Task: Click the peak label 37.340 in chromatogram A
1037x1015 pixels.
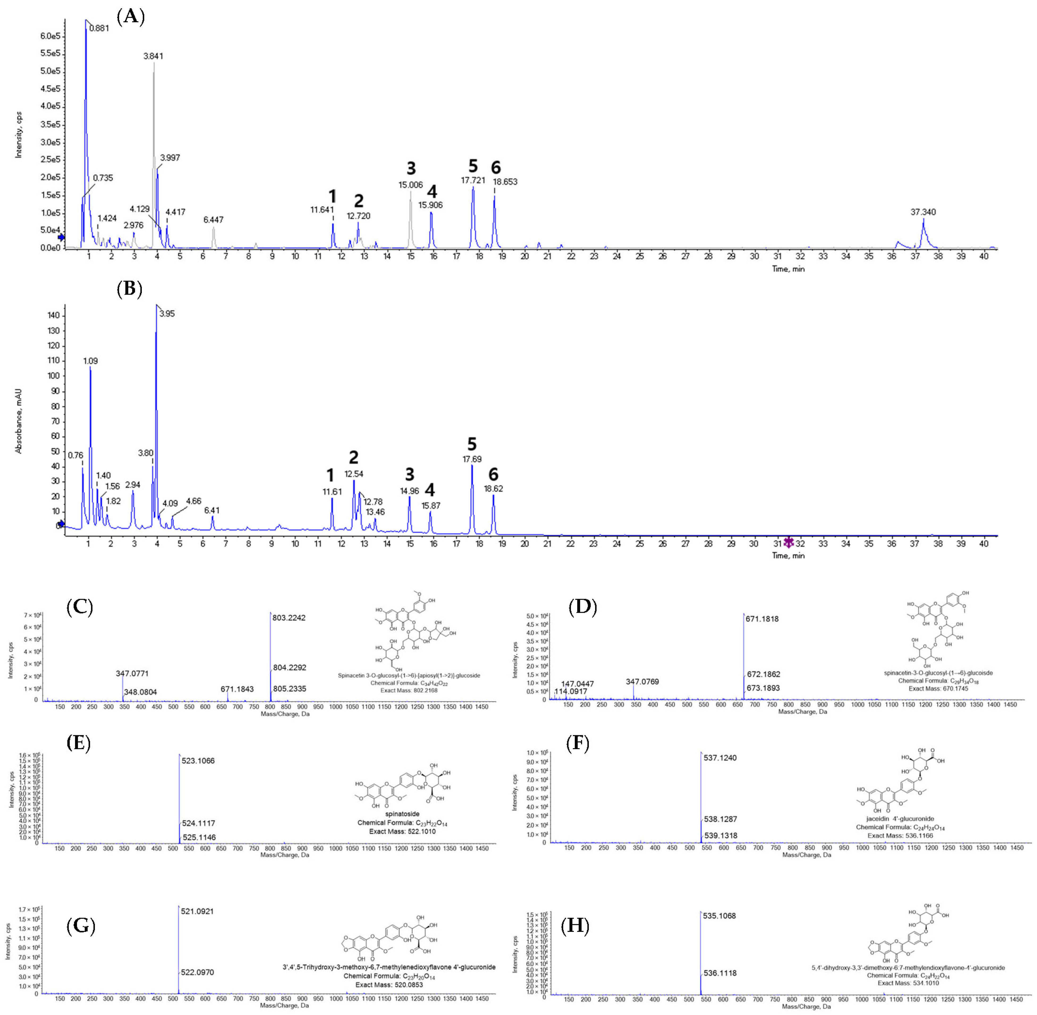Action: coord(923,212)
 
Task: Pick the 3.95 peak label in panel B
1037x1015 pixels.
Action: coord(167,314)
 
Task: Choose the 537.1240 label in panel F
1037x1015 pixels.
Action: coord(720,758)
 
